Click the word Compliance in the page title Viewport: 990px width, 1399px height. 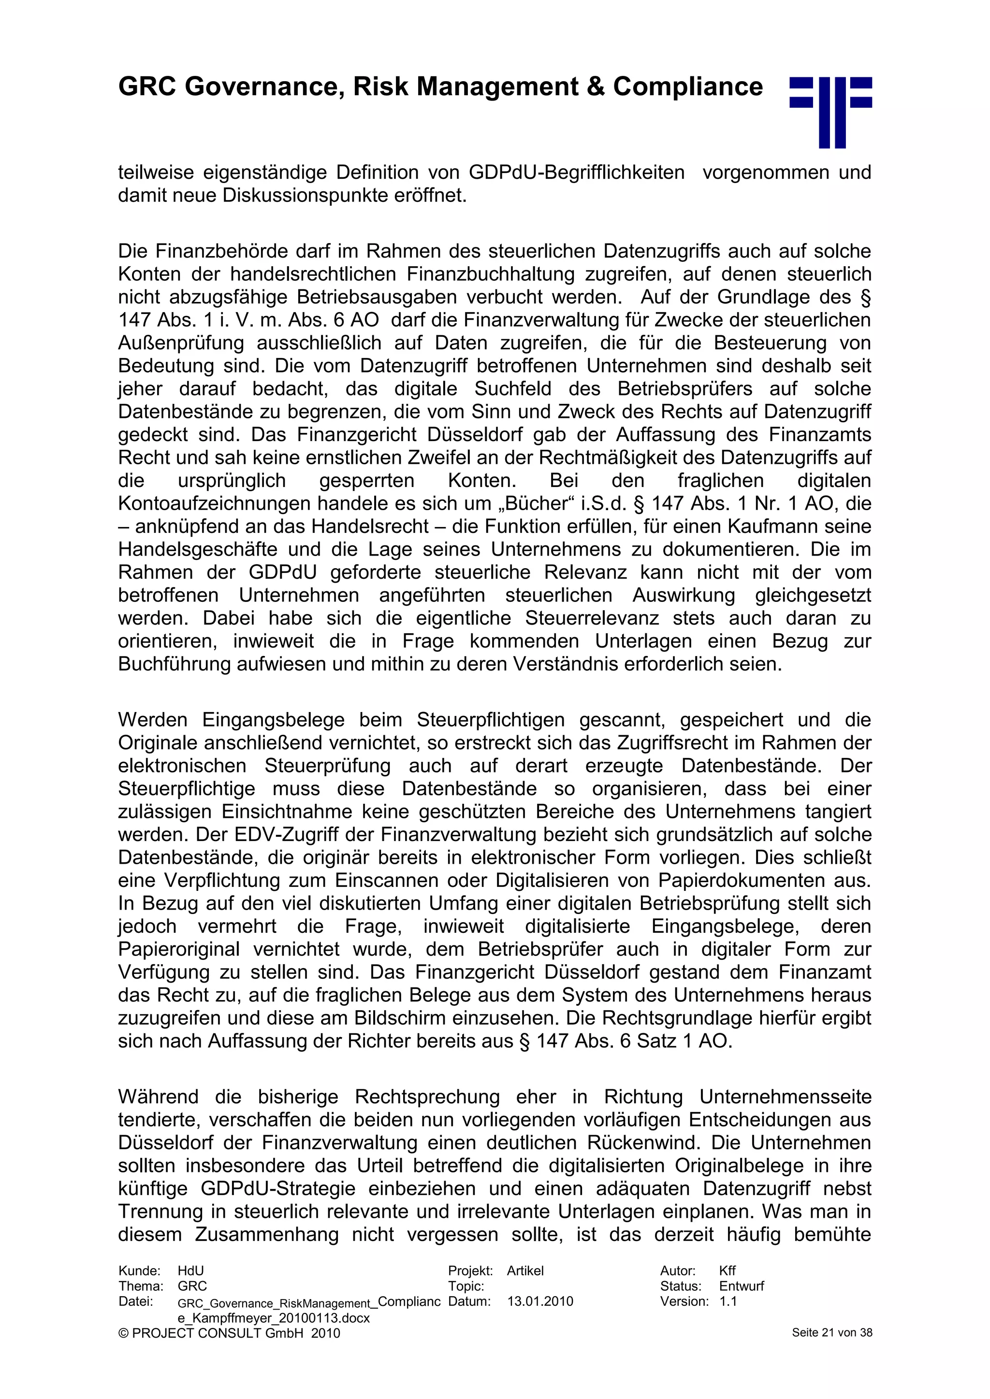point(688,86)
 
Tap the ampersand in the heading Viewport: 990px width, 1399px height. point(595,86)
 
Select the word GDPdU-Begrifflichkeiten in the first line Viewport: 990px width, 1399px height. point(577,172)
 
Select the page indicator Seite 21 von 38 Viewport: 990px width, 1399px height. point(831,1333)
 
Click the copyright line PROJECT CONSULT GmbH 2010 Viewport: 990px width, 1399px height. point(229,1333)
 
